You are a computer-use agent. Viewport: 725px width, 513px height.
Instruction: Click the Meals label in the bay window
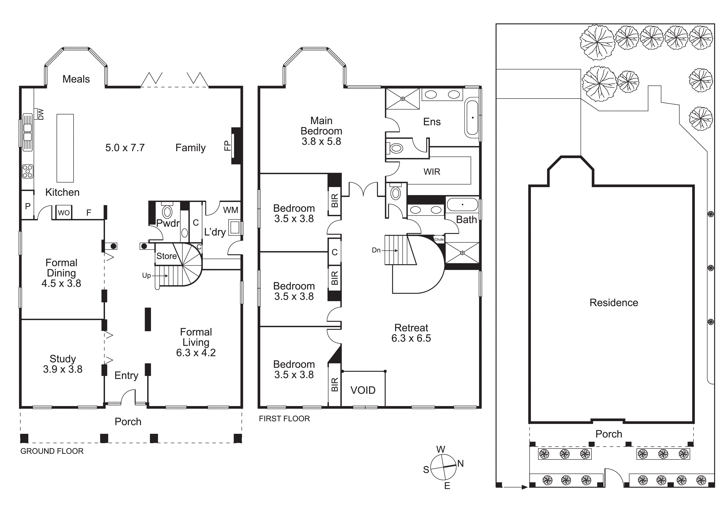pos(76,79)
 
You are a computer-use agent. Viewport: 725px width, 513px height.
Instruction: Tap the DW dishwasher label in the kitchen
pos(41,114)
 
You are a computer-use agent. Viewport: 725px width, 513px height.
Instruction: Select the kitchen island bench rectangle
pos(65,148)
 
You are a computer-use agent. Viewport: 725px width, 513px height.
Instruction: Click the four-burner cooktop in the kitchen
pos(28,171)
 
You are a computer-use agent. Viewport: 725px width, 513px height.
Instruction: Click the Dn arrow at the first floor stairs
pos(389,251)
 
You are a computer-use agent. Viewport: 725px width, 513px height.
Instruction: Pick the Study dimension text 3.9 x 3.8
pos(63,369)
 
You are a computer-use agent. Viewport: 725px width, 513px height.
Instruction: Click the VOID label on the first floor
pos(363,390)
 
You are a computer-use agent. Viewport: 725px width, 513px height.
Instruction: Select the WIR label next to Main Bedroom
pos(432,172)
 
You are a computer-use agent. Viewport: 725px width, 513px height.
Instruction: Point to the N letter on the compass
pos(460,464)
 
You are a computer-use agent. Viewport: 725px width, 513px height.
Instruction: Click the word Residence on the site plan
pos(614,303)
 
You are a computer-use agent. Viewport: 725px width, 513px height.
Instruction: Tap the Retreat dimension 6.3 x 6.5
pos(411,338)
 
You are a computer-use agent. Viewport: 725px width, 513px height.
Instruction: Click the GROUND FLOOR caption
pos(52,451)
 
